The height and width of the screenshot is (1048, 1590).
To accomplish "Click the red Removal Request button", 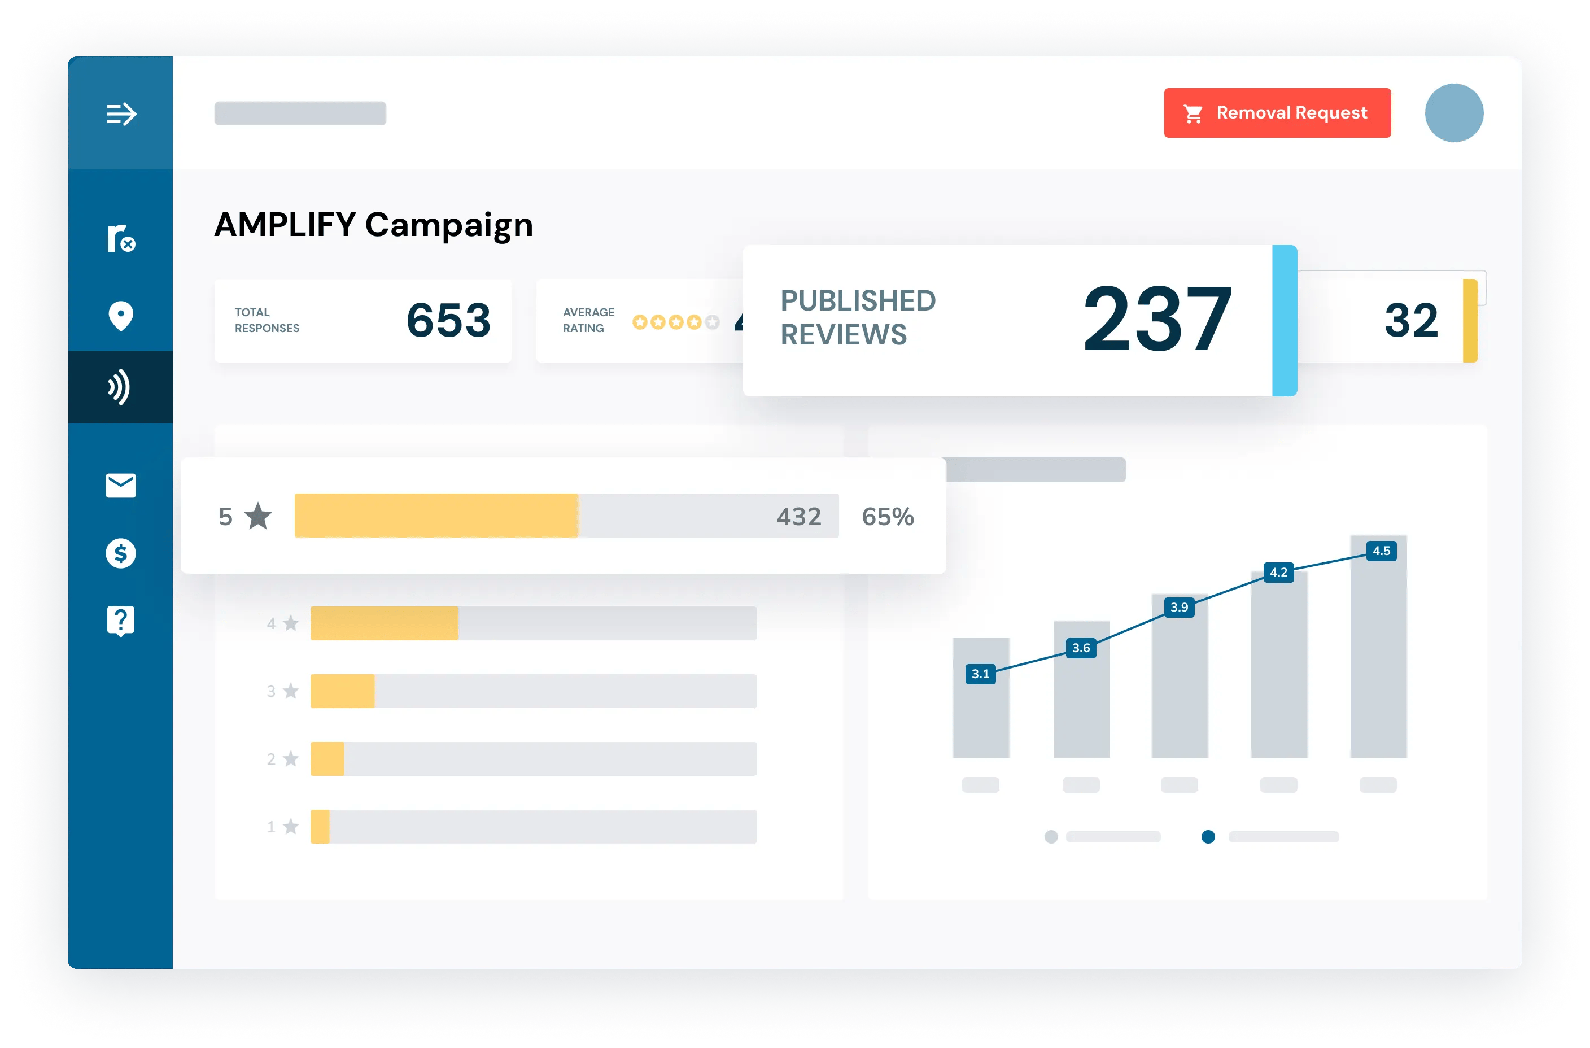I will click(x=1277, y=113).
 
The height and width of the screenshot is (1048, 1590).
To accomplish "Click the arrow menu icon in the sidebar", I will click(x=121, y=113).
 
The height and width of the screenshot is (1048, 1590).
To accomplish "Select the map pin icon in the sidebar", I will click(x=121, y=316).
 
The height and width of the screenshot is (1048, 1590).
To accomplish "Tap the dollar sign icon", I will click(x=121, y=553).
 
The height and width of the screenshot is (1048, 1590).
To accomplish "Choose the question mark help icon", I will click(x=121, y=621).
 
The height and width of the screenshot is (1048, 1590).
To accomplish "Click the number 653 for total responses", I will click(x=448, y=320).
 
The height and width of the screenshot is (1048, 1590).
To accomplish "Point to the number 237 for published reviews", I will click(x=1157, y=320).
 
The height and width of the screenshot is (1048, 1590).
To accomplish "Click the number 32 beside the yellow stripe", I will click(x=1410, y=320).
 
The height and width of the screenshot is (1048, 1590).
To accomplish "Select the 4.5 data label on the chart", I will click(x=1381, y=551).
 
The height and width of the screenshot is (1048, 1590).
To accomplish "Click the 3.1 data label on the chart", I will click(x=980, y=674).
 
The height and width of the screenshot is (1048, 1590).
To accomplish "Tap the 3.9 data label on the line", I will click(x=1179, y=607).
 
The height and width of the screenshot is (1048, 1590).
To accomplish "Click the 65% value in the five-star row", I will click(x=887, y=517).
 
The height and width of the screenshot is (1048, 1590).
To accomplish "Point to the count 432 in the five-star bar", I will click(x=799, y=517).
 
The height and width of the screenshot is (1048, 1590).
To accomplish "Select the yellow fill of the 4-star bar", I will click(x=385, y=623).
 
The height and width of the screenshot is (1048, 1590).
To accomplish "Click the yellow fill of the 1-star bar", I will click(x=320, y=827).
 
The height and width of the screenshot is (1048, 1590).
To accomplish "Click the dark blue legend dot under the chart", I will click(x=1208, y=837).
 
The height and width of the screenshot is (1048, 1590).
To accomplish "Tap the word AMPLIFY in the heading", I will click(x=285, y=225).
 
